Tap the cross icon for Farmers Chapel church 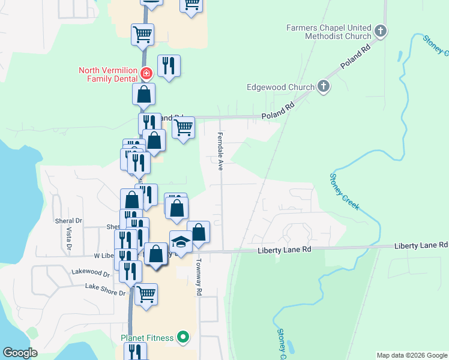379,31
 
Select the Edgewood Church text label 280,87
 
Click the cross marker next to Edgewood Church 323,87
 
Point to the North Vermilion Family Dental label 108,74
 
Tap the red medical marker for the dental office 145,74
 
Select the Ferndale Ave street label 220,151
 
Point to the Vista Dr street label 69,238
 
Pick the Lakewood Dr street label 90,274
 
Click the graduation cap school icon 181,242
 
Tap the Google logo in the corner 20,353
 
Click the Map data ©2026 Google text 411,355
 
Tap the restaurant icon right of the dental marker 169,65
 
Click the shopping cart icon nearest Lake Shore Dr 146,295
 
